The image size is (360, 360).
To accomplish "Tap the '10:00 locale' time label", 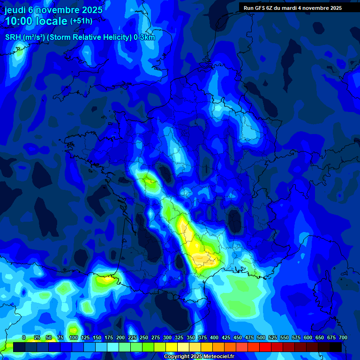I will (36, 21).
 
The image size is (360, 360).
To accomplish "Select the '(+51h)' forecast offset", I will (81, 21).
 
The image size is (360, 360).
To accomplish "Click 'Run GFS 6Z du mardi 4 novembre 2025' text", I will (292, 8).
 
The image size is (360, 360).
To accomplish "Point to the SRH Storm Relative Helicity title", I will (80, 37).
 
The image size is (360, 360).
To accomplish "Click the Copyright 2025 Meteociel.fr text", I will (199, 356).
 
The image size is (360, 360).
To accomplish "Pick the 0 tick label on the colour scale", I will (24, 337).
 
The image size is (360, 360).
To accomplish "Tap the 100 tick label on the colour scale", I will (74, 337).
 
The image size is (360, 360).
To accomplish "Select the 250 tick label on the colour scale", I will (144, 337).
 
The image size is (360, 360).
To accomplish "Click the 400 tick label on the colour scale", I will (214, 337).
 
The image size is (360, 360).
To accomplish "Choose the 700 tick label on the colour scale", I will (343, 337).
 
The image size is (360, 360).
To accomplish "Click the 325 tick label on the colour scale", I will (179, 337).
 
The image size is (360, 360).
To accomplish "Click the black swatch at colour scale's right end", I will (336, 347).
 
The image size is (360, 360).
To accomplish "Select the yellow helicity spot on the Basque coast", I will (105, 280).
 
